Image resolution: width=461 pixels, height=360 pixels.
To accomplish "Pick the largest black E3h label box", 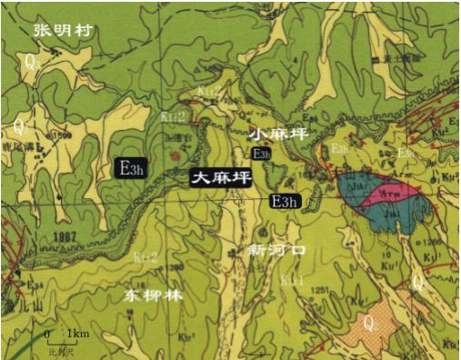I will [130, 168].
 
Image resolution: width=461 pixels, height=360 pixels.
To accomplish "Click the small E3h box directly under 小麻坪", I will [262, 155].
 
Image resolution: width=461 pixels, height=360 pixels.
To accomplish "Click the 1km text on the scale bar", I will [80, 335].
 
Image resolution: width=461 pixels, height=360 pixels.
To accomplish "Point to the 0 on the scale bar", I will [47, 335].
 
